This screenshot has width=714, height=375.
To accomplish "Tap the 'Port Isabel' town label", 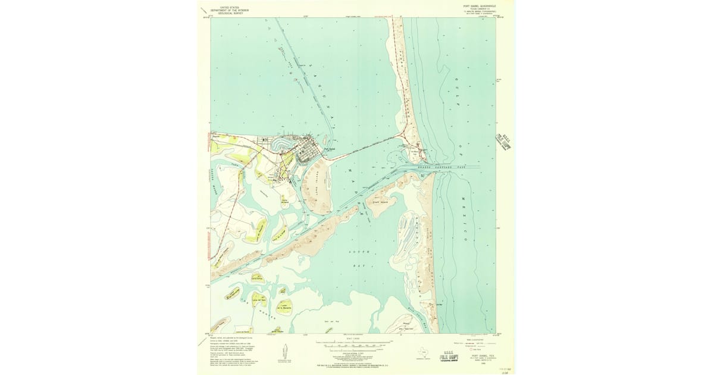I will point(330,149).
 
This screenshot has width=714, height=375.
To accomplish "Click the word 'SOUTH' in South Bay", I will point(355,252).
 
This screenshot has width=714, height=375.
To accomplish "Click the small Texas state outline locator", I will point(423,351).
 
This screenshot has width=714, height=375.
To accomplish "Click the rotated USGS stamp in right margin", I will point(503,143).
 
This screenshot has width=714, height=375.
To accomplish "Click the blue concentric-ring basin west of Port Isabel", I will point(280,144).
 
